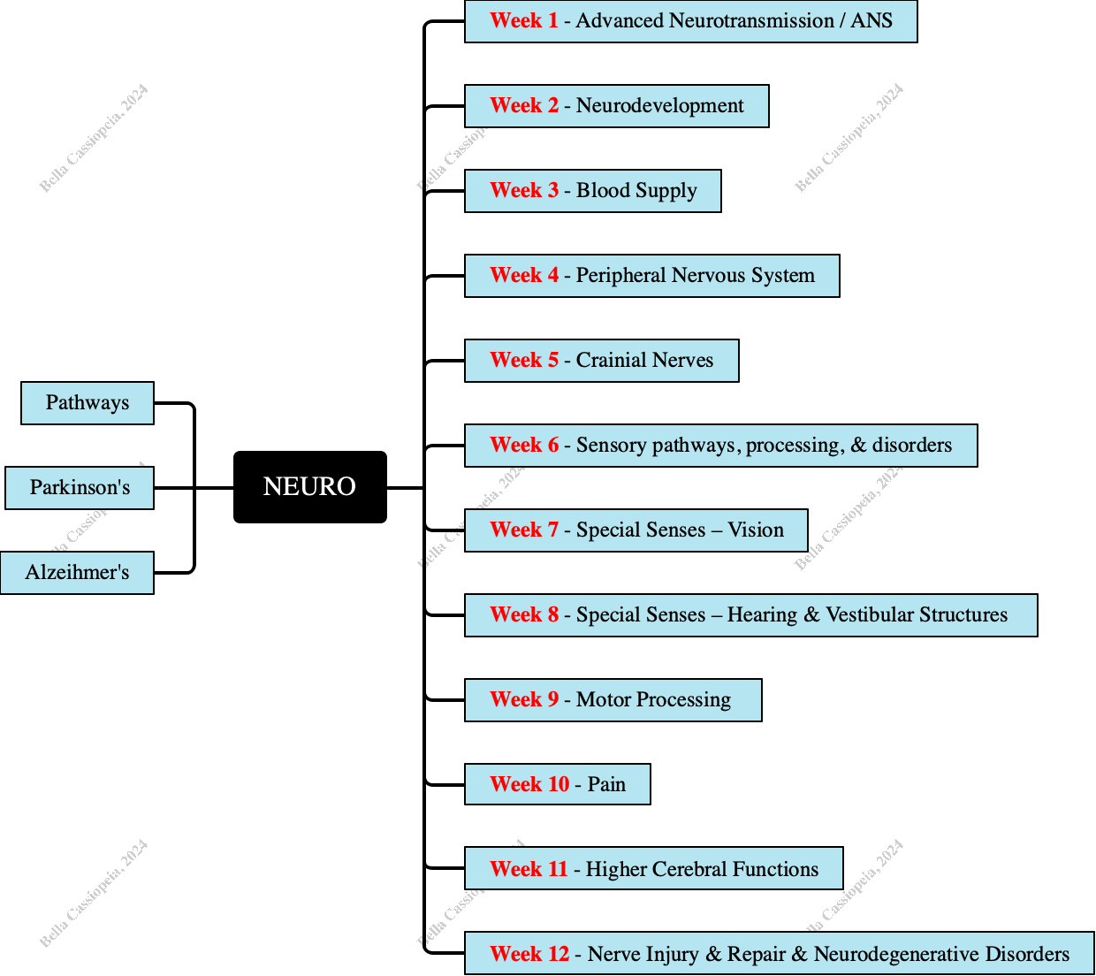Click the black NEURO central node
309,487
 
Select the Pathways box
88,403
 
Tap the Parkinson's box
80,488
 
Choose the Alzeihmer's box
77,573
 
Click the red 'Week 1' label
524,21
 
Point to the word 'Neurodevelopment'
659,106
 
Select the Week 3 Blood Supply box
592,191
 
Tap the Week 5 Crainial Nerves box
601,361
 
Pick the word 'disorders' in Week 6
911,446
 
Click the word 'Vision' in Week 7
756,530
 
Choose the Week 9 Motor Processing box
613,700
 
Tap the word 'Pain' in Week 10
606,785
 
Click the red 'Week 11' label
529,870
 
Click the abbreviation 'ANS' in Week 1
871,21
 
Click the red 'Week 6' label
524,446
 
